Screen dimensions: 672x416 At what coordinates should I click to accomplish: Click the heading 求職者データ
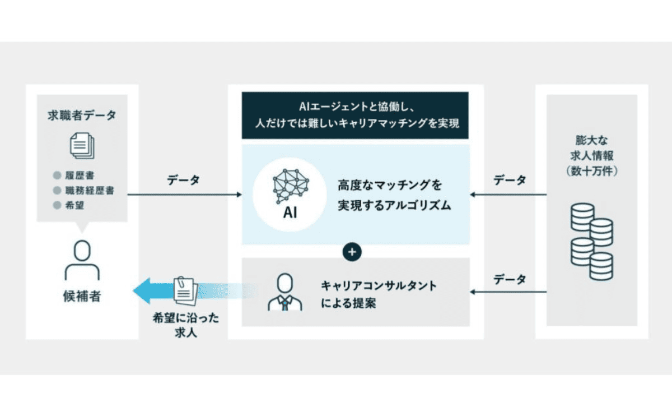pos(82,115)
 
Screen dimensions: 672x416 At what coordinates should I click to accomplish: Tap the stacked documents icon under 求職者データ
pos(82,146)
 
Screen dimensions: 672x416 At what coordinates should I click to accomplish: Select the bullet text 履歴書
pos(80,175)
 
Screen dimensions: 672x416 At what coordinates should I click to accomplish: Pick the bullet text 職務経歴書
pos(90,191)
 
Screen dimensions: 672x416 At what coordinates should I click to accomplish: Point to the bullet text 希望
pos(74,205)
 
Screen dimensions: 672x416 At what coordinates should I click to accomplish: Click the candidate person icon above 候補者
pos(82,260)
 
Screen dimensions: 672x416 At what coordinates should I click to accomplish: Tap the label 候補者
pos(82,296)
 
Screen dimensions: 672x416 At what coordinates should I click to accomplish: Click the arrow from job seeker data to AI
pos(184,195)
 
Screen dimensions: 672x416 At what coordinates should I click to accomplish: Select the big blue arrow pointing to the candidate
pos(195,291)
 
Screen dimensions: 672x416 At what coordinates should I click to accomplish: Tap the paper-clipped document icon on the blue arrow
pos(185,290)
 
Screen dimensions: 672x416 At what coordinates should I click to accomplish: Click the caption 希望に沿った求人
pos(186,325)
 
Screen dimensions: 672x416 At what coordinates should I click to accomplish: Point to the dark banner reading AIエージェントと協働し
pos(355,115)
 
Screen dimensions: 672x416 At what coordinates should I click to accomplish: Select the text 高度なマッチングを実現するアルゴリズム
pos(394,195)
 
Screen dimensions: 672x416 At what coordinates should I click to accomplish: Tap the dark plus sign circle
pos(352,252)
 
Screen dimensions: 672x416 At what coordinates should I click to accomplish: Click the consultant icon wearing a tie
pos(285,292)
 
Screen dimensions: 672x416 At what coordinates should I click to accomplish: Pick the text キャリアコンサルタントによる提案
pos(379,294)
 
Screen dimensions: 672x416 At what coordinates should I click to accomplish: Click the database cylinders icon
pos(591,242)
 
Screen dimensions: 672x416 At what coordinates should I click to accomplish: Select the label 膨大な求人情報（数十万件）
pos(591,156)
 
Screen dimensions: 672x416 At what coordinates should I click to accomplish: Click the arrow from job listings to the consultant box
pos(508,292)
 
